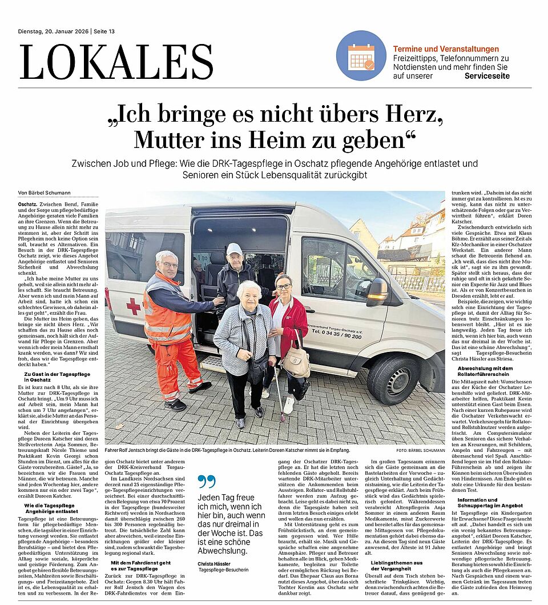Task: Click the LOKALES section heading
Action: pyautogui.click(x=116, y=62)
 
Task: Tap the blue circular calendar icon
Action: pyautogui.click(x=361, y=55)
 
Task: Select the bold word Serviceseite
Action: pyautogui.click(x=487, y=75)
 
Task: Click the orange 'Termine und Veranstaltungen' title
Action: pyautogui.click(x=446, y=49)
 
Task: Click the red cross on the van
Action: pyautogui.click(x=133, y=306)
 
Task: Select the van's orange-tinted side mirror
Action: pyautogui.click(x=377, y=291)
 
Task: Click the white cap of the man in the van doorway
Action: pyautogui.click(x=234, y=249)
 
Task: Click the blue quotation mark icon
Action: pyautogui.click(x=207, y=482)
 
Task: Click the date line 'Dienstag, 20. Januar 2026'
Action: pyautogui.click(x=54, y=31)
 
